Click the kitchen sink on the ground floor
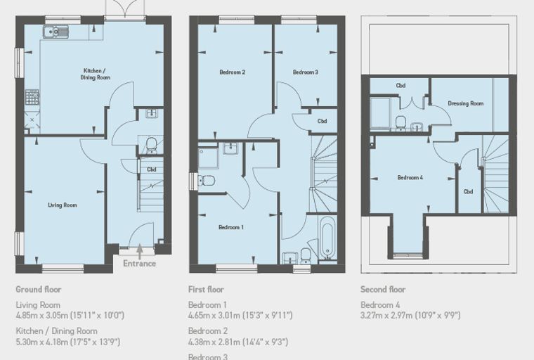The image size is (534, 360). point(56,32)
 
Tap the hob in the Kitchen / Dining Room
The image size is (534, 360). point(32,97)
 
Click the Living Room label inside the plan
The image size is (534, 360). point(63,205)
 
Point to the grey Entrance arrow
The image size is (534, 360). point(140,252)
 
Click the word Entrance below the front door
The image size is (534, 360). point(140,264)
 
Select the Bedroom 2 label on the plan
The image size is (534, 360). point(233,72)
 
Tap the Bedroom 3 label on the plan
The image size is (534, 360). point(306,72)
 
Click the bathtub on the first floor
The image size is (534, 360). point(327,238)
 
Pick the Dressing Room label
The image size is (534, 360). point(466,103)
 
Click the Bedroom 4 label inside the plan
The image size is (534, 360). point(410,177)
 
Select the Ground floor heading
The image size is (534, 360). point(39,290)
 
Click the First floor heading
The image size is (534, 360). point(206,290)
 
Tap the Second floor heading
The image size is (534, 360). point(383,290)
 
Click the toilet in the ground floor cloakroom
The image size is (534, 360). point(151,146)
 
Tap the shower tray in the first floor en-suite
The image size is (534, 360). point(209,157)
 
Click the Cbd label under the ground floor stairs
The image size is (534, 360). point(152,169)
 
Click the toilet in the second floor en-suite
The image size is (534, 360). point(400,123)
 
